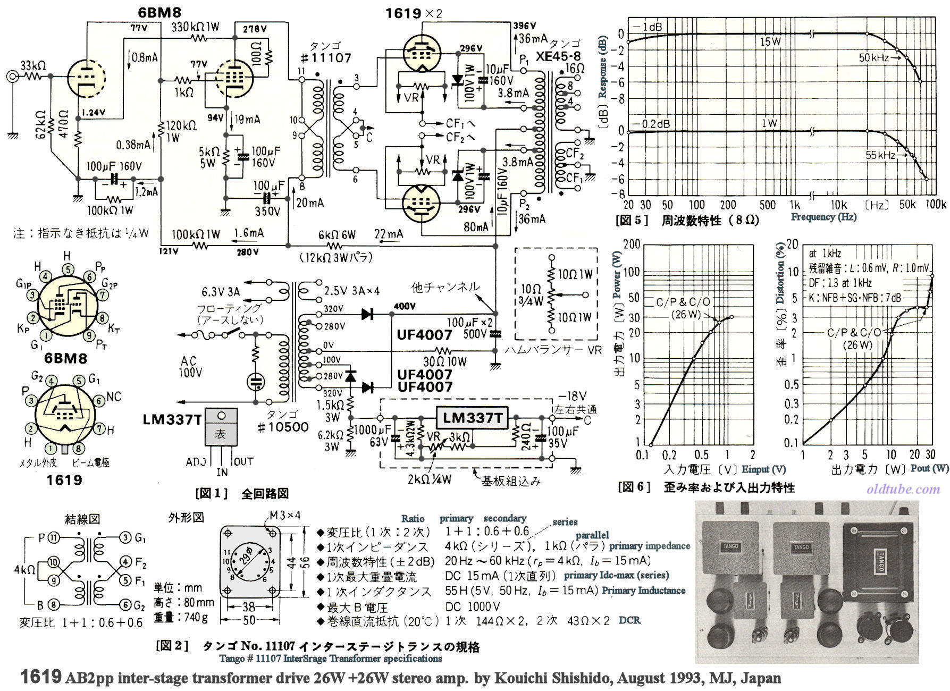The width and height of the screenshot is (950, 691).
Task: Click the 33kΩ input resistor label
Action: (32, 66)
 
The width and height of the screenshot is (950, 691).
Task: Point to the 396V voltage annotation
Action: (524, 26)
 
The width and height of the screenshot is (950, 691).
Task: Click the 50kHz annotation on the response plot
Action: (873, 57)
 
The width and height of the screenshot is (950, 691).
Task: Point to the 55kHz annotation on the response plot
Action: (880, 155)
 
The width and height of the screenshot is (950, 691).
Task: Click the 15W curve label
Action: (769, 41)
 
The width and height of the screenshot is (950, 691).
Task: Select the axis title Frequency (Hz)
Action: (823, 217)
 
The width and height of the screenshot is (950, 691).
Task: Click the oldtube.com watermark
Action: (903, 488)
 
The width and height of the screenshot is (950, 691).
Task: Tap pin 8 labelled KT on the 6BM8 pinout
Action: (102, 318)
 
